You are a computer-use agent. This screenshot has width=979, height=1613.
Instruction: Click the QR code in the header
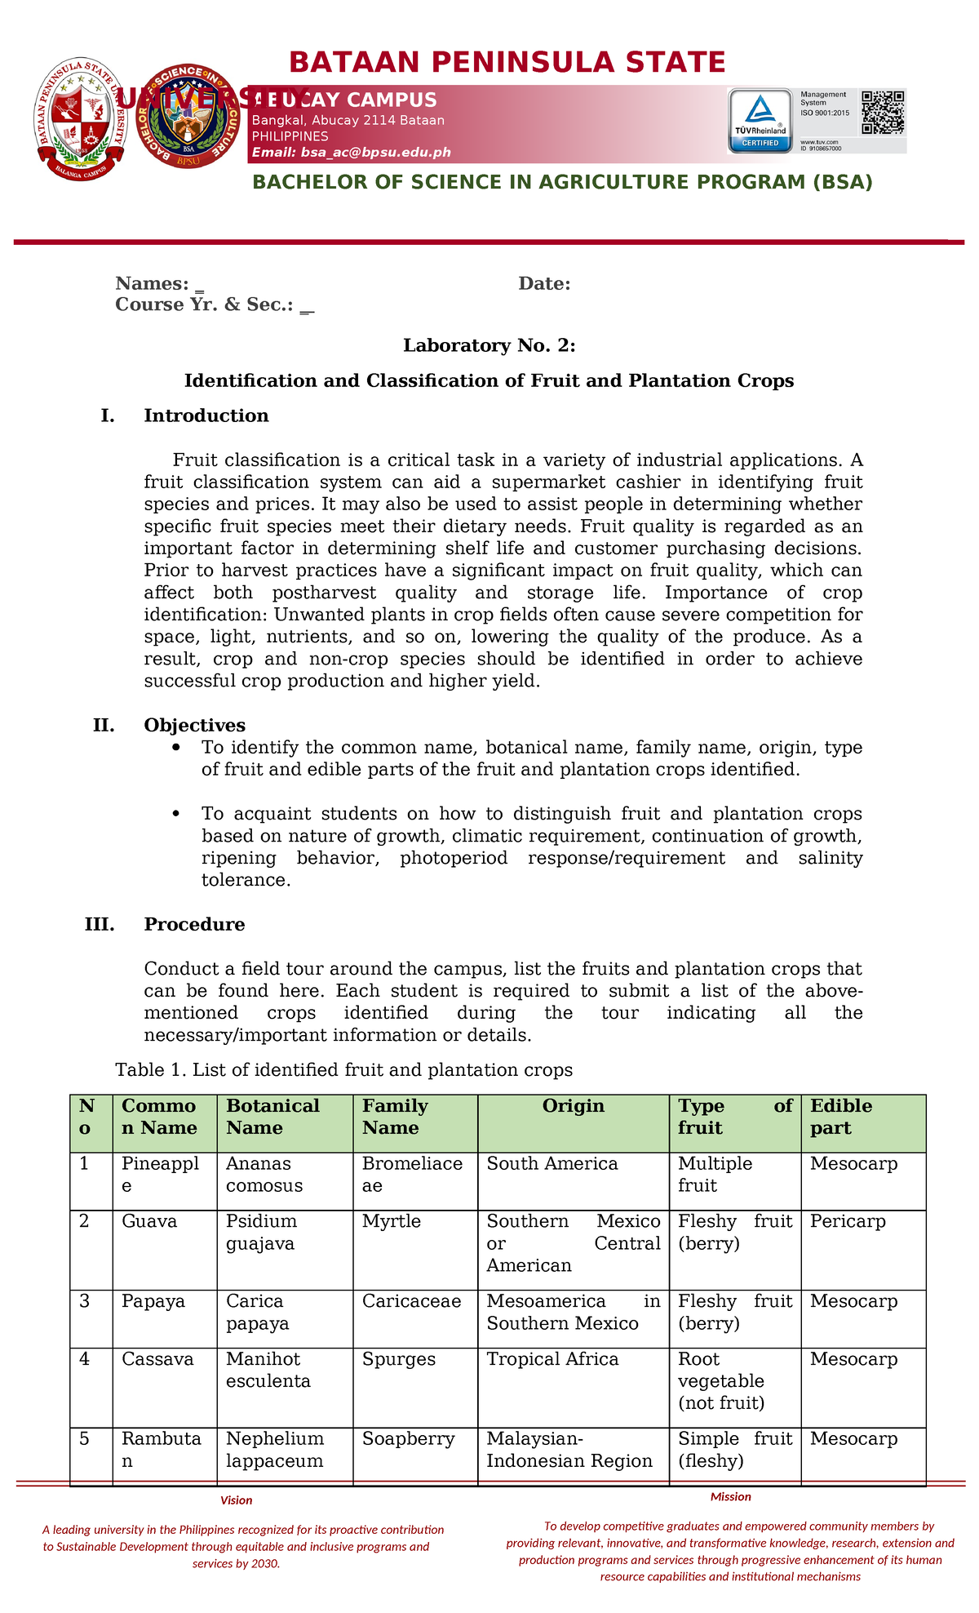[x=884, y=112]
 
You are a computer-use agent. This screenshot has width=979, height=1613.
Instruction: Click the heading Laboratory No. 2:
[x=489, y=346]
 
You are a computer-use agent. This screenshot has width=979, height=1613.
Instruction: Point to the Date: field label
[x=544, y=284]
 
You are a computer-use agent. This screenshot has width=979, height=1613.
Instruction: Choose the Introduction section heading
[x=206, y=415]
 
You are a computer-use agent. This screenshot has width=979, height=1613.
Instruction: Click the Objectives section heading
[x=194, y=725]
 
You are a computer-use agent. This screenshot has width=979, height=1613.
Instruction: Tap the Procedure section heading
[x=194, y=924]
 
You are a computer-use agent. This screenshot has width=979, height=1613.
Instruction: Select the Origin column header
[x=574, y=1106]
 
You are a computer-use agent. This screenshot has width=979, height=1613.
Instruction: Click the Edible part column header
[x=841, y=1117]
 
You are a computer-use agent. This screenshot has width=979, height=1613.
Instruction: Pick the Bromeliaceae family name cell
[x=412, y=1175]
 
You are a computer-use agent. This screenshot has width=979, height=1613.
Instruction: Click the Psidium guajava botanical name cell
[x=261, y=1233]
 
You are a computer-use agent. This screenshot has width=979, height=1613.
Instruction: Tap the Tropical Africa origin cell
[x=552, y=1359]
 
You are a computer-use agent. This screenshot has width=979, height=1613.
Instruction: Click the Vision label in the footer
[x=237, y=1500]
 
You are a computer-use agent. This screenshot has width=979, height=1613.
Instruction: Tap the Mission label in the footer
[x=730, y=1496]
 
